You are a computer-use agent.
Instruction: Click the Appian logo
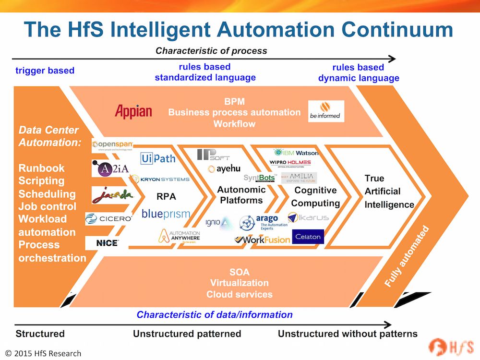pos(133,111)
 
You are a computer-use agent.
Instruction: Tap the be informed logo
pos(326,111)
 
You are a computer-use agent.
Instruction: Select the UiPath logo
pos(158,158)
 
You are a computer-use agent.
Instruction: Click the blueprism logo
pos(166,214)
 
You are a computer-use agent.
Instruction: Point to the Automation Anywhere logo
pos(180,236)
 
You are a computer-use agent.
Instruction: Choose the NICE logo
pos(107,243)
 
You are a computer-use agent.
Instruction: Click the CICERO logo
pos(108,219)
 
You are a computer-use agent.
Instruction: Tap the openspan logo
pos(112,145)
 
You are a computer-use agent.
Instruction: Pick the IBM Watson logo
pos(295,153)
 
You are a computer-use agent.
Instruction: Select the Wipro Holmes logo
pos(290,163)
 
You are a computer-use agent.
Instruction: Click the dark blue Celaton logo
pos(308,237)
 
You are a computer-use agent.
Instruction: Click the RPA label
pos(167,196)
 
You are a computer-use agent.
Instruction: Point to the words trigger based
pos(45,71)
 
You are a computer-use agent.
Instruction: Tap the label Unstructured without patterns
pos(348,334)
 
